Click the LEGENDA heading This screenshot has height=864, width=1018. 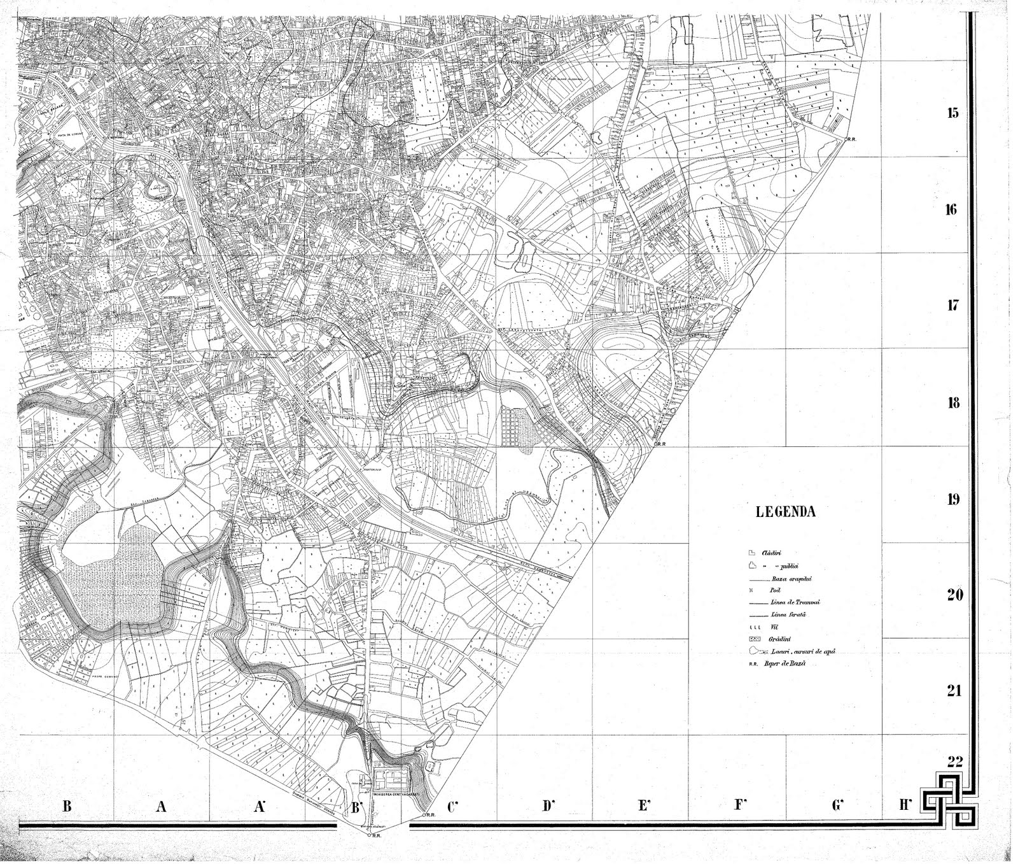pos(785,512)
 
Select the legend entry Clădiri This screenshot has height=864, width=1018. pos(770,553)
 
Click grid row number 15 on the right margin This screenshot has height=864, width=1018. pos(952,114)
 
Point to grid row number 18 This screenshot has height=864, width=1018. pos(952,403)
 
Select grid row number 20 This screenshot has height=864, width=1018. pos(953,595)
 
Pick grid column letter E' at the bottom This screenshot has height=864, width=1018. pos(643,807)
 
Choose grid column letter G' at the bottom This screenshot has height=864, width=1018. pos(837,805)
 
